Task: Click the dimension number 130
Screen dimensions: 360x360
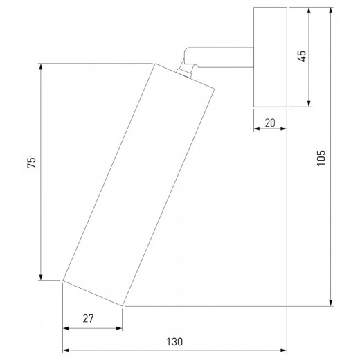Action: tap(174, 342)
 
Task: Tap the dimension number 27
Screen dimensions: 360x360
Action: tap(89, 318)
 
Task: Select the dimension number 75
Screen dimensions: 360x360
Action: tap(32, 163)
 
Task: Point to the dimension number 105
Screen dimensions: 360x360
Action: tap(321, 158)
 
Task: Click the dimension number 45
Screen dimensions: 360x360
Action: tap(302, 56)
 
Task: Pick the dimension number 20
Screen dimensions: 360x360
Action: tap(270, 123)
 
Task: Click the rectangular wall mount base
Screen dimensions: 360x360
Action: tap(270, 57)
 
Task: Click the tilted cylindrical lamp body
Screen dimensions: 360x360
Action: tap(138, 185)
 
